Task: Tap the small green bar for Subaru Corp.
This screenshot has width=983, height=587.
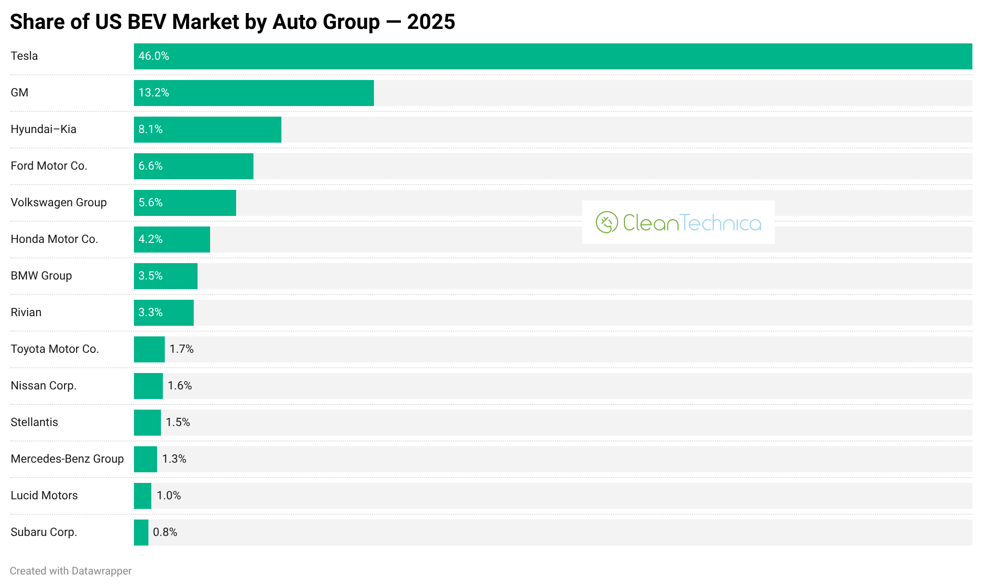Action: pyautogui.click(x=141, y=533)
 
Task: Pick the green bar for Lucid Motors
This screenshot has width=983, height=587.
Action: pyautogui.click(x=143, y=496)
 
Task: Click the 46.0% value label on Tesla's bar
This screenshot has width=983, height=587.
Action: pyautogui.click(x=154, y=56)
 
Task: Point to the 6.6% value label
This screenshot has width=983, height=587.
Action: pyautogui.click(x=150, y=166)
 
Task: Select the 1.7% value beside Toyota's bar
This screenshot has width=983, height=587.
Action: pyautogui.click(x=182, y=349)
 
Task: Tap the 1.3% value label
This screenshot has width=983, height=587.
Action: pyautogui.click(x=174, y=459)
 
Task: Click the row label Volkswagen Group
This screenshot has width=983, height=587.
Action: pyautogui.click(x=59, y=202)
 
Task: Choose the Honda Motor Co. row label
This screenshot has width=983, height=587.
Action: pyautogui.click(x=54, y=239)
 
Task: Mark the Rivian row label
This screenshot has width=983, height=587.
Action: pyautogui.click(x=26, y=312)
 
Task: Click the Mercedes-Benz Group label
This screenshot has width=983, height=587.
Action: pyautogui.click(x=67, y=459)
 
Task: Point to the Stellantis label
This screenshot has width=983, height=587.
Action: pyautogui.click(x=34, y=422)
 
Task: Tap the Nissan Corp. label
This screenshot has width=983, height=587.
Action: pyautogui.click(x=43, y=386)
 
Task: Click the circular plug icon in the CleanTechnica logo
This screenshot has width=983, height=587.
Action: pyautogui.click(x=607, y=222)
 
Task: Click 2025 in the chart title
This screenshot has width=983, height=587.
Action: pyautogui.click(x=431, y=22)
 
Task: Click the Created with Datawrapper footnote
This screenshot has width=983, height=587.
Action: pyautogui.click(x=71, y=571)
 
